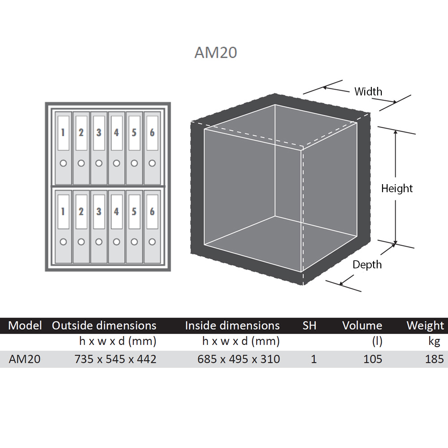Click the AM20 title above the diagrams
[x=216, y=52]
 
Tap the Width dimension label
[x=368, y=91]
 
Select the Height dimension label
[x=397, y=189]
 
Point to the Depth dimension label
[x=367, y=265]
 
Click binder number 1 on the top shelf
[x=63, y=148]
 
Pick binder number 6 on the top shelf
[x=152, y=148]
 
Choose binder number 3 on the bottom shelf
[x=99, y=227]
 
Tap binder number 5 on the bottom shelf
[x=134, y=227]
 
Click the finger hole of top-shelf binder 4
[x=116, y=163]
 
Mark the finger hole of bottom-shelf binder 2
[x=81, y=242]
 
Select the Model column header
[x=25, y=325]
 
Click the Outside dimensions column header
[x=104, y=325]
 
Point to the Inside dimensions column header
[x=232, y=325]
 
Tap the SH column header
[x=310, y=325]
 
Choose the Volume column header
[x=362, y=325]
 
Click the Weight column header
[x=426, y=326]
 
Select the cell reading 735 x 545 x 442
[x=116, y=359]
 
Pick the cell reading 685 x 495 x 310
[x=239, y=359]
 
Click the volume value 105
[x=373, y=359]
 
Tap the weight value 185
[x=435, y=359]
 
